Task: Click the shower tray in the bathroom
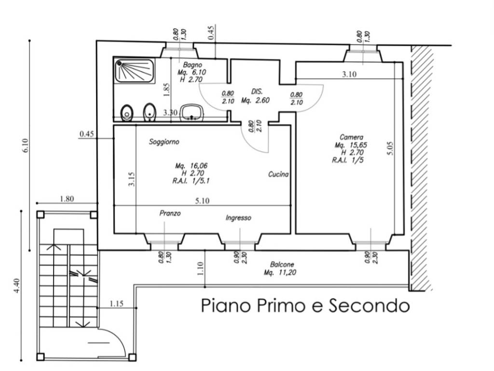(134, 71)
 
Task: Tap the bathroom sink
(192, 113)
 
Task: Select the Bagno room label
(192, 64)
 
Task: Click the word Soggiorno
(164, 142)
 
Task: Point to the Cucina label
(278, 174)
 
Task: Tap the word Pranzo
(170, 213)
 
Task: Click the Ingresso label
(238, 218)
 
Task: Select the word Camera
(351, 137)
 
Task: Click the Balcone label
(282, 265)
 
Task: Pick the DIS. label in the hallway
(257, 91)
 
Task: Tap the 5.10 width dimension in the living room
(202, 202)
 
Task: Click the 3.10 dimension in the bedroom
(349, 74)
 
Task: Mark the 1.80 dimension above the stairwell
(67, 199)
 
